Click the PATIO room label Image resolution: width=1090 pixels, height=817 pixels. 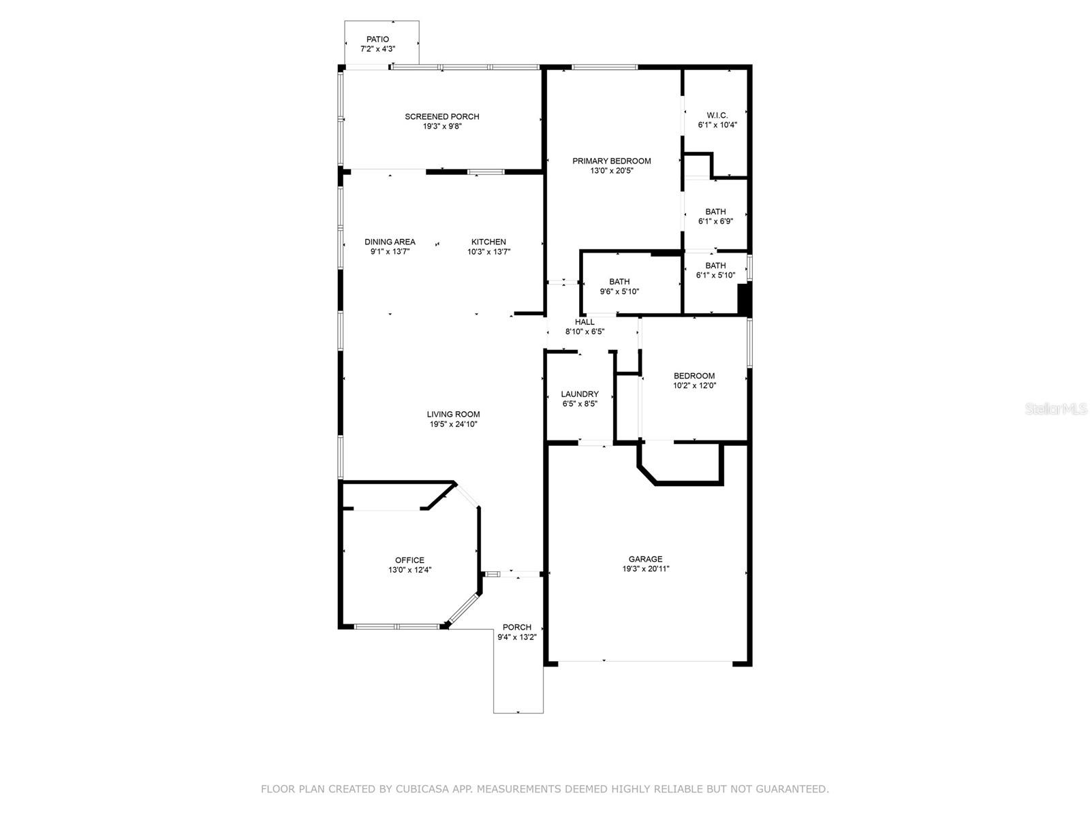pos(377,39)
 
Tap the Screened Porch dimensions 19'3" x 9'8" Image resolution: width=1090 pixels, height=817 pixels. pos(441,126)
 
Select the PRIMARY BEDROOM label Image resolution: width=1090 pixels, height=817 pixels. pos(611,161)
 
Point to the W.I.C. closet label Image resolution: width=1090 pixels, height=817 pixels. pos(717,116)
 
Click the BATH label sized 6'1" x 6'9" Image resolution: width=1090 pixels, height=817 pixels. pos(715,212)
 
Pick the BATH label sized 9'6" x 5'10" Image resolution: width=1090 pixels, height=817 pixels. pos(619,282)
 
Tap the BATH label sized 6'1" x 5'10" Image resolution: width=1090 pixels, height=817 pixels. pos(715,266)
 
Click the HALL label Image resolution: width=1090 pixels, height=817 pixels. pos(585,322)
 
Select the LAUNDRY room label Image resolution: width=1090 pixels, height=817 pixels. pos(580,394)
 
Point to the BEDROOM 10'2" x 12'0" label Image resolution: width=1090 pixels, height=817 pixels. pos(694,376)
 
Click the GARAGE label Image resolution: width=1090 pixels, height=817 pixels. pos(645,559)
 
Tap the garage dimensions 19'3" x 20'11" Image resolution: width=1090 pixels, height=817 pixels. pos(645,569)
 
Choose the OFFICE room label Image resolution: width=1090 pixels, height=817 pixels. pos(409,560)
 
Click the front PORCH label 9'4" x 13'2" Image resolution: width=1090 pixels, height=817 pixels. pos(516,628)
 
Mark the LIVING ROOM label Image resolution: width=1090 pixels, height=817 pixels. pos(453,414)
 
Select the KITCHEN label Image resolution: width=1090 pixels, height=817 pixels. pos(488,242)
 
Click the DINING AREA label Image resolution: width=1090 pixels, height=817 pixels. pos(390,242)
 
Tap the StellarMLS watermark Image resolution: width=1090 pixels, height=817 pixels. pos(1057,409)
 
